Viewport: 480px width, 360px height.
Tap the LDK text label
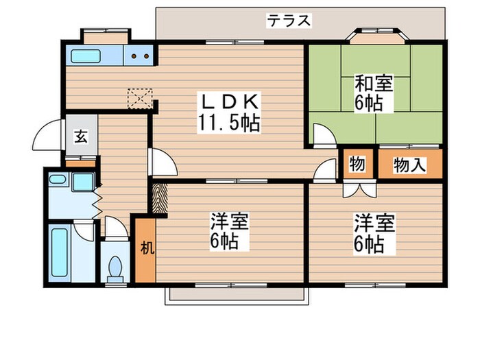click(x=228, y=103)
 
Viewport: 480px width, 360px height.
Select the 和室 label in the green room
click(x=373, y=85)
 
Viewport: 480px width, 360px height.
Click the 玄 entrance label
click(x=80, y=136)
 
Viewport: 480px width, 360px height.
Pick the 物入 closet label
click(x=409, y=165)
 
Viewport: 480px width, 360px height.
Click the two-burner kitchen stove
click(x=141, y=57)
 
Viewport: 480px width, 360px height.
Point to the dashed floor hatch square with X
click(x=140, y=98)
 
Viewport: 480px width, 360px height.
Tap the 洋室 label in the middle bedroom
click(x=229, y=222)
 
